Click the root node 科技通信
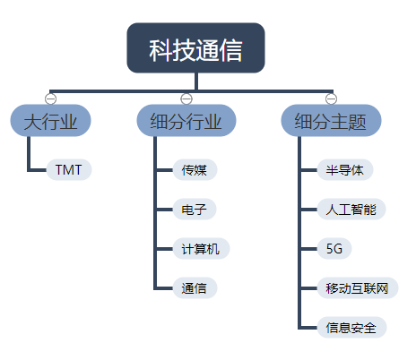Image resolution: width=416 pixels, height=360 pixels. tap(195, 48)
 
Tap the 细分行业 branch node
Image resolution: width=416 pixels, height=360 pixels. tap(186, 121)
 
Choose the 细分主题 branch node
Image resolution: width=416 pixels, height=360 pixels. tap(331, 121)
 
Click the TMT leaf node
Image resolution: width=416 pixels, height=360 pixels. tap(68, 169)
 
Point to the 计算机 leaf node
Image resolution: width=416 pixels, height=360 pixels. tap(200, 249)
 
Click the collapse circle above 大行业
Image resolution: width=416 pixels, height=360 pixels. tap(50, 98)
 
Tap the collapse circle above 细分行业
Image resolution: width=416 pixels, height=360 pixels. tap(186, 98)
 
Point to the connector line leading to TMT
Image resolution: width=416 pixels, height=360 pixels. tap(37, 169)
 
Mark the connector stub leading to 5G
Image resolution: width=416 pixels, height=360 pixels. tap(308, 249)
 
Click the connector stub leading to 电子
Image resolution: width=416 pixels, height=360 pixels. tap(165, 210)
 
